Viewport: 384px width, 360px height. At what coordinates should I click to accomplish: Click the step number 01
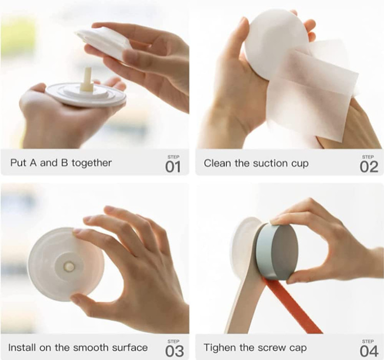coord(173,167)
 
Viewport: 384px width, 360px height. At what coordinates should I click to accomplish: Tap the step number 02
coord(369,167)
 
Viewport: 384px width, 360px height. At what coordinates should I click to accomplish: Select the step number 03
coord(175,351)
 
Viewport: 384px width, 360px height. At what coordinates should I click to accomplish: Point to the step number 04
coord(369,351)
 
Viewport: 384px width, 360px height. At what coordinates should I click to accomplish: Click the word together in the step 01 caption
coord(92,163)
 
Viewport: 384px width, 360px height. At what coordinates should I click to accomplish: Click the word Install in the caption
coord(22,348)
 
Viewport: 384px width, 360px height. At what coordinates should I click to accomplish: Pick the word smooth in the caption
coord(90,348)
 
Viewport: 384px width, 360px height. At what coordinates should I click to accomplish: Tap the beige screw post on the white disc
coord(87,80)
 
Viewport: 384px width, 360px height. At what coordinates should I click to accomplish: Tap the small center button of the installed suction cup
coord(69,267)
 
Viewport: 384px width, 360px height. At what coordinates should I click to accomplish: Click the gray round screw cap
coord(277,252)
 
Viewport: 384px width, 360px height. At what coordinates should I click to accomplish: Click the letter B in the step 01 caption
coord(65,163)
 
